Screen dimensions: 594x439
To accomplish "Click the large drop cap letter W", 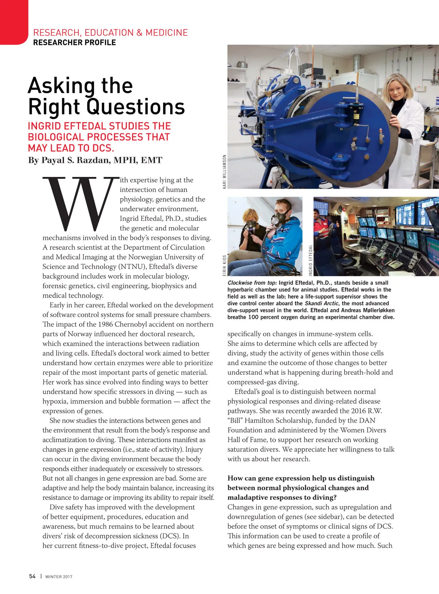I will click(79, 203).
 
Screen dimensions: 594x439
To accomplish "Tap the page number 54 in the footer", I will click(32, 576).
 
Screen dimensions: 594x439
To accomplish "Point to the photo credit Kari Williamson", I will click(224, 171).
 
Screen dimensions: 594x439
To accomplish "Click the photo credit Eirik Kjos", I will click(224, 265).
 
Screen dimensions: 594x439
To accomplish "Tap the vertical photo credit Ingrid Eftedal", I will click(311, 260).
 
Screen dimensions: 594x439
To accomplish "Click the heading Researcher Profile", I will click(74, 42).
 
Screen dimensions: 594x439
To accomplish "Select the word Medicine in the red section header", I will click(166, 33).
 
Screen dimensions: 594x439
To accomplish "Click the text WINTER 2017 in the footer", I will click(59, 577).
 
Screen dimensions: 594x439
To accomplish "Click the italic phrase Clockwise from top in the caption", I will click(252, 283).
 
